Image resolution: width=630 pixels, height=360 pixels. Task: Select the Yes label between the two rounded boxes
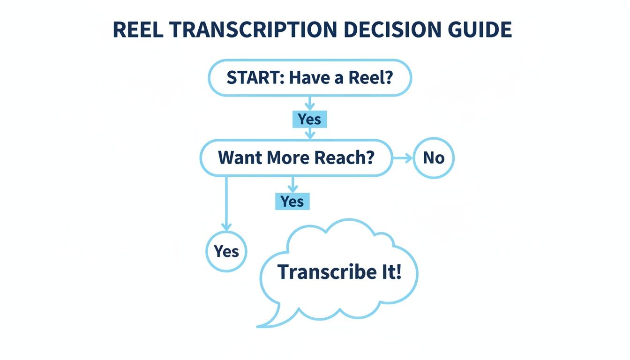tap(309, 120)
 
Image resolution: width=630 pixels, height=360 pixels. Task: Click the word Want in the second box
tap(240, 157)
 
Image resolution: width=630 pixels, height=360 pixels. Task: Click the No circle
tap(434, 158)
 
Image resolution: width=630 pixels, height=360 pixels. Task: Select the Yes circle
tap(226, 251)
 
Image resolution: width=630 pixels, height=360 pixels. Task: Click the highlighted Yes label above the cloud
tap(292, 202)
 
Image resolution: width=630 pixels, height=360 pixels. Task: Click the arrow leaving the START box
tap(309, 104)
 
